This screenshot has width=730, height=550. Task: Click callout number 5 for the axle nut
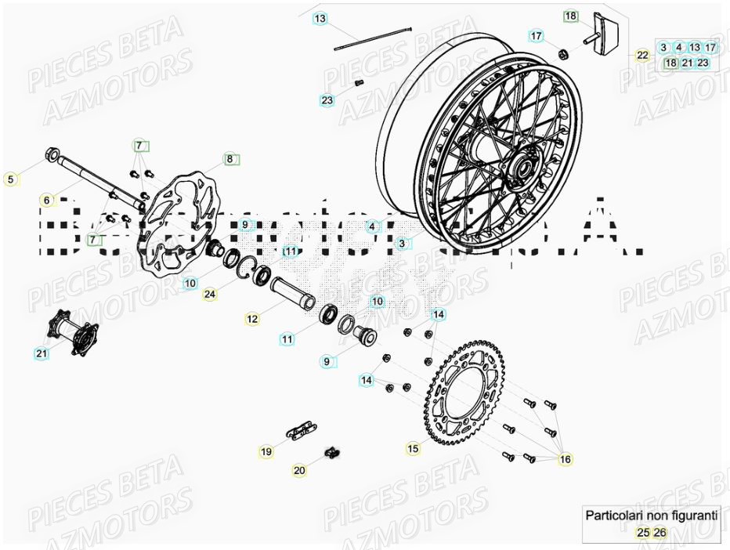[x=10, y=179]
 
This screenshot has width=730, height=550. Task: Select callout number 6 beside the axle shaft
[x=47, y=201]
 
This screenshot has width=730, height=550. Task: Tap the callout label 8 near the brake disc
[x=230, y=159]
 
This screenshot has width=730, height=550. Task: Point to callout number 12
[x=252, y=319]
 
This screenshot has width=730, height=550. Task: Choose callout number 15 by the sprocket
[x=413, y=449]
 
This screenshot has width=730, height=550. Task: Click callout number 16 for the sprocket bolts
[x=566, y=459]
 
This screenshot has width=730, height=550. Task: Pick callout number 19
[x=266, y=451]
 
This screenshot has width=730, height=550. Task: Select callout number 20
[x=299, y=470]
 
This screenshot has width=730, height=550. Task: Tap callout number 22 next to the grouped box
[x=642, y=55]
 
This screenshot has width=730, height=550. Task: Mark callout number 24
[x=209, y=295]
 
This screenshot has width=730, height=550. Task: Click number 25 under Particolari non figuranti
[x=642, y=533]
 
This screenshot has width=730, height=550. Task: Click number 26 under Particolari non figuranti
[x=660, y=533]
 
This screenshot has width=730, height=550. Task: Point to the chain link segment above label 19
[x=299, y=430]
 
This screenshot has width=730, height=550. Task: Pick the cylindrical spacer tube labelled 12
[x=292, y=293]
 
